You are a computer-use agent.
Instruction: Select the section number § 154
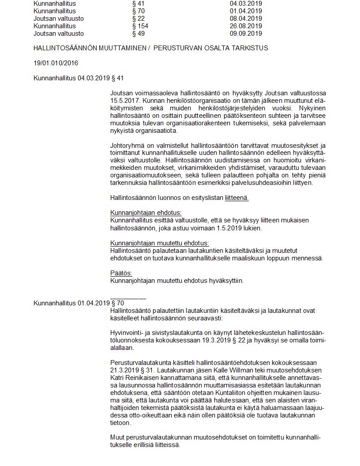point(140,26)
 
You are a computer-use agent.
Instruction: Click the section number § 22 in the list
point(138,19)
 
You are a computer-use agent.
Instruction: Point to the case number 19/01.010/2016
point(56,63)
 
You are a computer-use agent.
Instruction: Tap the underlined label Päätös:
point(121,273)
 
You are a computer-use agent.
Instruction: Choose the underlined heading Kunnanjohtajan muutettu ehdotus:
point(159,243)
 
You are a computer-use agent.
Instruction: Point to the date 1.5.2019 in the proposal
point(226,228)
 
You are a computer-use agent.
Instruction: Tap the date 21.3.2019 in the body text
point(124,369)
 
